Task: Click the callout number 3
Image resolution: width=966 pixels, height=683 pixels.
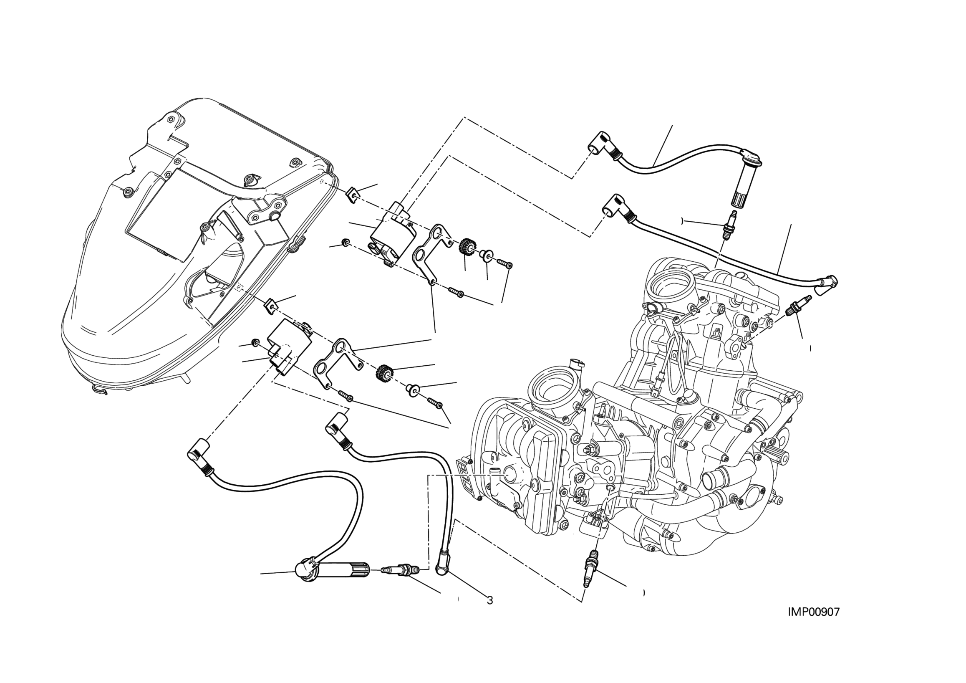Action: click(x=490, y=600)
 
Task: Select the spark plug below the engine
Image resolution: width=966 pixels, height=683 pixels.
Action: click(x=592, y=568)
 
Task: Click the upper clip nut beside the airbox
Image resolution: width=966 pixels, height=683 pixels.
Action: click(x=353, y=196)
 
